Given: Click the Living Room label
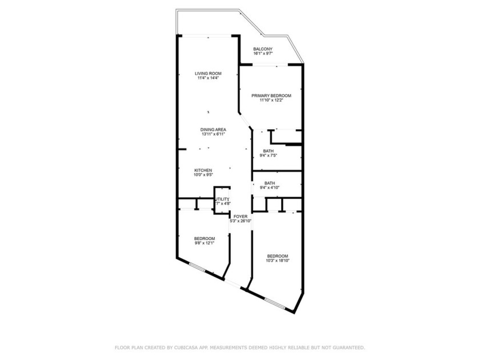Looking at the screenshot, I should [x=207, y=74].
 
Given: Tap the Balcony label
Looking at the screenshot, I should [x=263, y=49].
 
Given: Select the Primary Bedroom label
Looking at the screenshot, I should [x=271, y=95].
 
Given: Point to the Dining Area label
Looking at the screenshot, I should [x=211, y=130].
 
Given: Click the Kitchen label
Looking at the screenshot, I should [x=203, y=170].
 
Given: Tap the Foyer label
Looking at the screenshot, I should [x=240, y=216].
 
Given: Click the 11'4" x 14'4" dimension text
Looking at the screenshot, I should [x=207, y=78].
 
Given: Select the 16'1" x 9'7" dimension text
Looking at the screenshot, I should [x=263, y=54].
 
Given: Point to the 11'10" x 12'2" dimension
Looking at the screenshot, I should [x=271, y=100].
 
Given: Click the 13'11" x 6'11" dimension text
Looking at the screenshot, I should [x=211, y=134].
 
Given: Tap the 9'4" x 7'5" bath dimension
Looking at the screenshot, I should [x=269, y=155].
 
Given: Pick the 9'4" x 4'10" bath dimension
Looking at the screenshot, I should [x=269, y=187].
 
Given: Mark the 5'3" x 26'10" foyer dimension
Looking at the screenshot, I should [x=241, y=221].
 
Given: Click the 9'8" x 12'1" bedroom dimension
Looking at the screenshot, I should [x=204, y=243].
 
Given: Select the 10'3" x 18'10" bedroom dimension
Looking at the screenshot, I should [x=277, y=261].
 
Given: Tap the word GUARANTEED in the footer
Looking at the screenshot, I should [x=345, y=347].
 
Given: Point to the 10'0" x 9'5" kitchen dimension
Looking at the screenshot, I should [x=203, y=175].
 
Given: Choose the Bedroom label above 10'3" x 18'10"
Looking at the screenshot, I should [x=277, y=256].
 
